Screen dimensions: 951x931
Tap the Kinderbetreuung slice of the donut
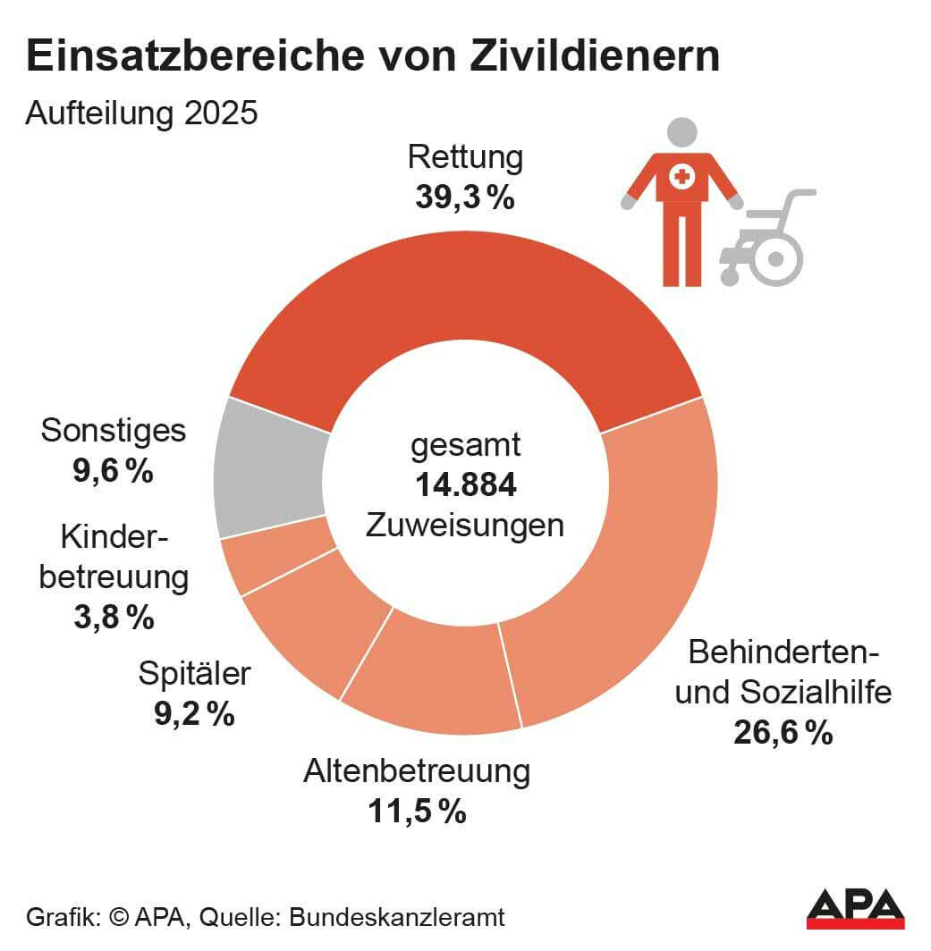(x=275, y=559)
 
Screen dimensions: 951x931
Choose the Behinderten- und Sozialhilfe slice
(x=626, y=572)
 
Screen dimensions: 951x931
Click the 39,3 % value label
(x=464, y=198)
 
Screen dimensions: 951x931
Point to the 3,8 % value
(x=114, y=617)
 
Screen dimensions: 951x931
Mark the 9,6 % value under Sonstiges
(x=113, y=470)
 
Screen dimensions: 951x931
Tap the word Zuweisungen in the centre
(x=465, y=525)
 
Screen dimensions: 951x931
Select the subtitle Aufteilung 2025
(x=141, y=114)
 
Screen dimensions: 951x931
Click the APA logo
(x=855, y=909)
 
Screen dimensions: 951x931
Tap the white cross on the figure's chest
(x=681, y=176)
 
